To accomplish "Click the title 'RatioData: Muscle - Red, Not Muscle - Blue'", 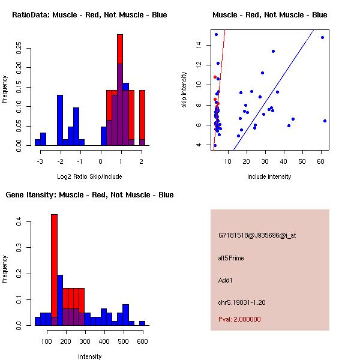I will coord(89,14).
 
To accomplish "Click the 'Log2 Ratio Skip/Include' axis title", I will coord(90,176).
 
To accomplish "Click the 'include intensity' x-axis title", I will coord(269,176).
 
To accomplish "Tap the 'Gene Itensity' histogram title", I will coord(89,194).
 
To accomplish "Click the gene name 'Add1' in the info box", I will coord(226,280).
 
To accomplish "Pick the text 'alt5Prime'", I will coord(231,258).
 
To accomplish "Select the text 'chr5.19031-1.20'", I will coord(241,302).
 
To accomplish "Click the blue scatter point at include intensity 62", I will coord(325,121).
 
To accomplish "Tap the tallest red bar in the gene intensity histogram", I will coord(54,269).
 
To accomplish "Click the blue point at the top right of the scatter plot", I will coord(322,37).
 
